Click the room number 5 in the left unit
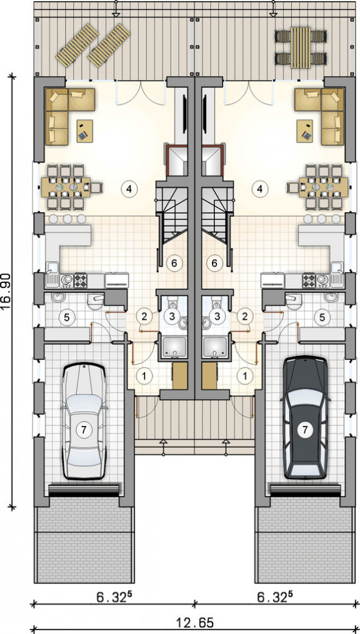[x=67, y=317]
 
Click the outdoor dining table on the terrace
[x=301, y=47]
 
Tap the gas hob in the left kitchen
[x=79, y=279]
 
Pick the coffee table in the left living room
[x=84, y=131]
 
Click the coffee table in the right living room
[x=304, y=131]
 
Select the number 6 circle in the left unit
[x=174, y=263]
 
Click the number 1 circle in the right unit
[x=245, y=375]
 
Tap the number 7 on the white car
[x=84, y=430]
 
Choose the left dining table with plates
[x=66, y=187]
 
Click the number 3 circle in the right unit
[x=217, y=316]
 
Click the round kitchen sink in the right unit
[x=322, y=279]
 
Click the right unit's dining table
[x=324, y=187]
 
